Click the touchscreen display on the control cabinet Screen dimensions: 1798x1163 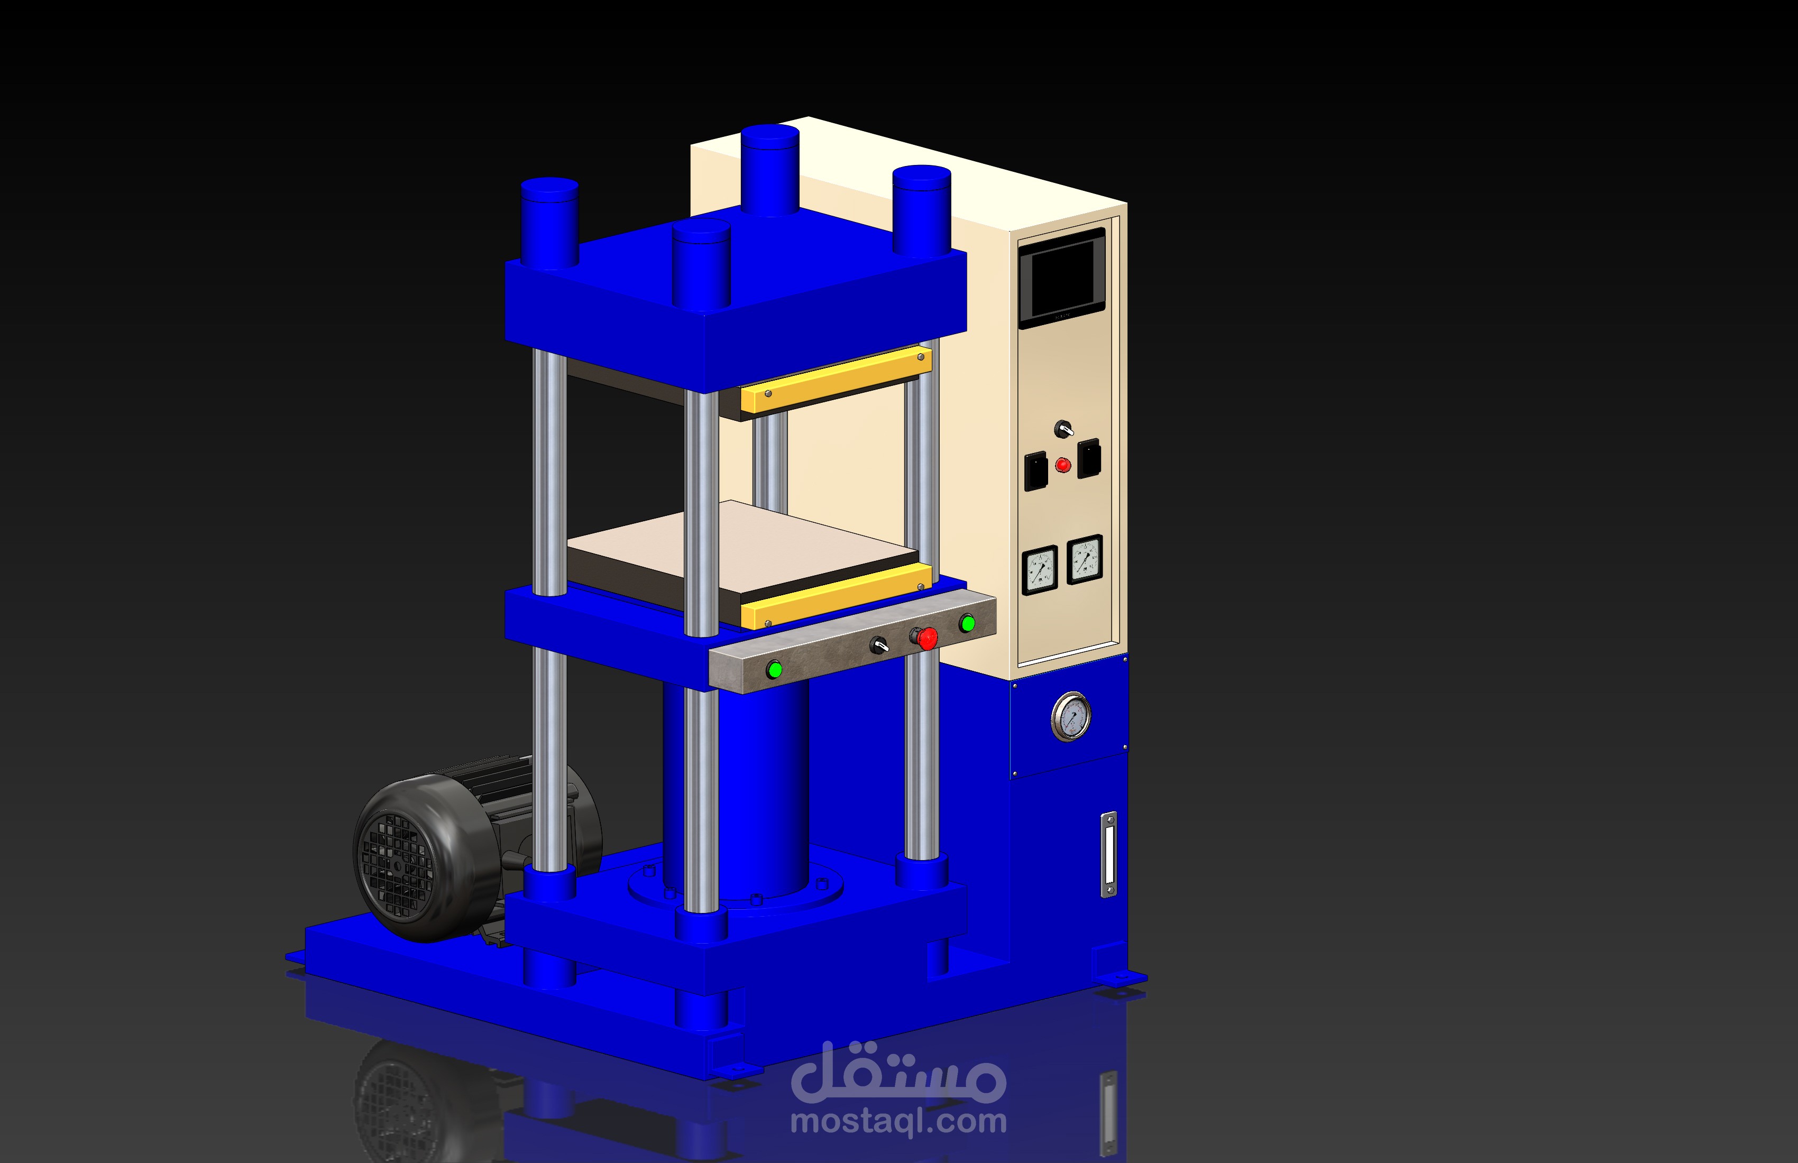point(1061,278)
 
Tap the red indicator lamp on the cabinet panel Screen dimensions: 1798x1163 point(1062,465)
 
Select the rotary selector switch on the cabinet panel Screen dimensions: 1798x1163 point(1063,429)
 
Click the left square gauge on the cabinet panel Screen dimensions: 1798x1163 point(1040,570)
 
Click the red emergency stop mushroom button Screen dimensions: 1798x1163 point(926,638)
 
